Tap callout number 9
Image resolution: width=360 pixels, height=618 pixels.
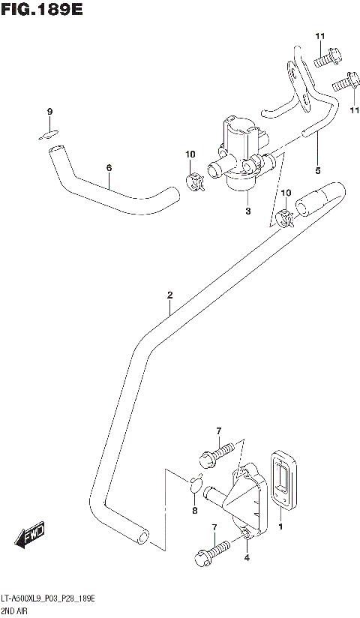(x=49, y=112)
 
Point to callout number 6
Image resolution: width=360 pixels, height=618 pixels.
(x=109, y=167)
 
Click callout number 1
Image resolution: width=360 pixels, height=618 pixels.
(x=281, y=528)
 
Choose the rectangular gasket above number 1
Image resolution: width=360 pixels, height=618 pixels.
(x=284, y=481)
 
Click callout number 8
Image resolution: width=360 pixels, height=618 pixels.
(x=195, y=511)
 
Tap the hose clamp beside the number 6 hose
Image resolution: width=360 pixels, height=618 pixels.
(x=195, y=180)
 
